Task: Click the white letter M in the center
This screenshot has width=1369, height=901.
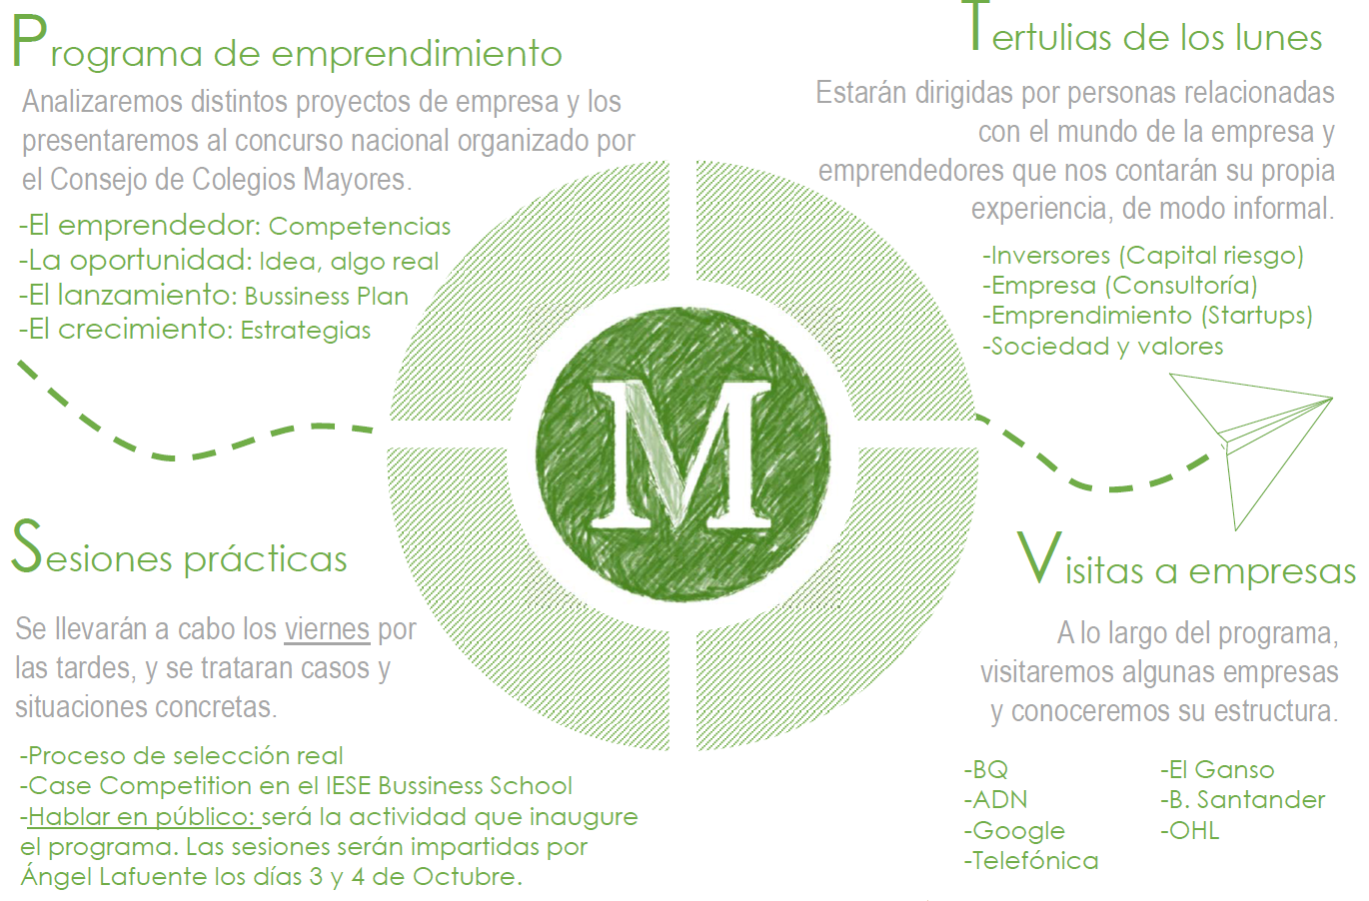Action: point(681,453)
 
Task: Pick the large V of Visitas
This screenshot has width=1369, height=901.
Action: point(1038,557)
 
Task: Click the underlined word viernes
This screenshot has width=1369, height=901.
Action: point(327,629)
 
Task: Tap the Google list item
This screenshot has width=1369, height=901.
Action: point(1014,831)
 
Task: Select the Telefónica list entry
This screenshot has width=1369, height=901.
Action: point(1031,861)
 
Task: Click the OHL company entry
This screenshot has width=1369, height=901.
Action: point(1189,831)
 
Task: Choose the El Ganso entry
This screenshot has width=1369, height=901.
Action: point(1217,770)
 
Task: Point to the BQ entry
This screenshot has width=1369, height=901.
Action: point(986,770)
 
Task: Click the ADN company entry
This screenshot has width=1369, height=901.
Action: point(995,800)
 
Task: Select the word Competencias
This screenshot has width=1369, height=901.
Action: point(360,227)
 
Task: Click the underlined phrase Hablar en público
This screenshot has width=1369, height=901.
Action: point(144,817)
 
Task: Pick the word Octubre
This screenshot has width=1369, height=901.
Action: point(468,877)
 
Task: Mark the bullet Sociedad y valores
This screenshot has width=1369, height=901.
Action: point(1102,347)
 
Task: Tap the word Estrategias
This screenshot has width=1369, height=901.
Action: point(306,331)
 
